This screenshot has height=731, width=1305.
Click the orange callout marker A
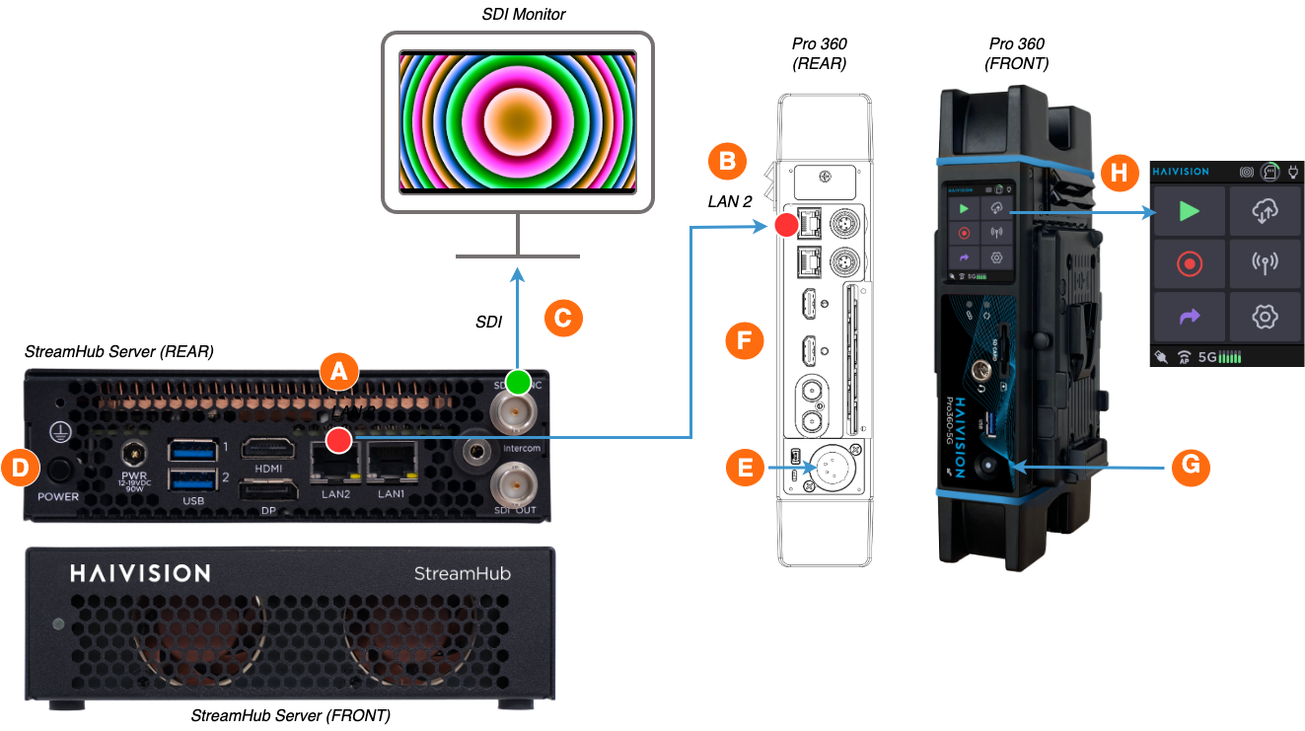pos(338,371)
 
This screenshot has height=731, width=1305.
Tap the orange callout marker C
pos(563,319)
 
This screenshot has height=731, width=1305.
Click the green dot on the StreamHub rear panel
pos(518,382)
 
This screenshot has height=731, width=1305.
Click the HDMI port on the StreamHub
pos(268,451)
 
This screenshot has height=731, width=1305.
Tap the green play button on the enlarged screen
pos(1190,211)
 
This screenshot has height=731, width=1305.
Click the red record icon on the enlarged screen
pos(1190,264)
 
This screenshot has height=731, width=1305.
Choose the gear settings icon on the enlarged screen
pos(1265,317)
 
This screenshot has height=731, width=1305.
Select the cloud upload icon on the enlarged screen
pos(1265,211)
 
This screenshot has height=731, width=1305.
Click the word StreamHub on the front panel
pos(462,573)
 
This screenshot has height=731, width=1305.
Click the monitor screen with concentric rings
pos(517,121)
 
